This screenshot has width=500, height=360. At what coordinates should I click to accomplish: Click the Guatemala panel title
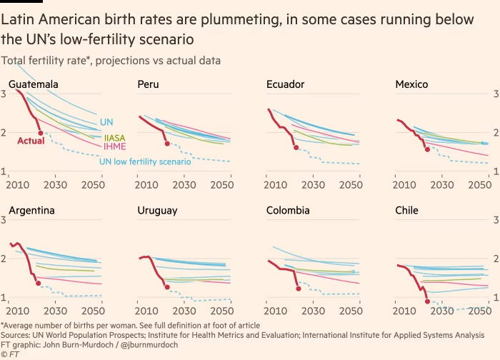pyautogui.click(x=34, y=85)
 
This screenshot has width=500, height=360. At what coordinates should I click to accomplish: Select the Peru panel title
pyautogui.click(x=148, y=85)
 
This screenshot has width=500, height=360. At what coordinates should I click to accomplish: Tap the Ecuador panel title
pyautogui.click(x=285, y=85)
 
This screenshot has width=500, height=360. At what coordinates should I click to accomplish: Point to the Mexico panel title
pyautogui.click(x=411, y=85)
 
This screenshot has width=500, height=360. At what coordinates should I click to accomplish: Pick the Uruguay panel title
pyautogui.click(x=157, y=211)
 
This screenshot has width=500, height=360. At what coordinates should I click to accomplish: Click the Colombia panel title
pyautogui.click(x=288, y=211)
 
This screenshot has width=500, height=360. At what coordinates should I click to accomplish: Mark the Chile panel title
pyautogui.click(x=406, y=211)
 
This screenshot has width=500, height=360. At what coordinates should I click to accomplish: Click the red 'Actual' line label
pyautogui.click(x=31, y=141)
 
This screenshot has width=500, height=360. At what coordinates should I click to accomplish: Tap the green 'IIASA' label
pyautogui.click(x=115, y=137)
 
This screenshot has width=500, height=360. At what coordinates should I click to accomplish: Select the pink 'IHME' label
pyautogui.click(x=115, y=146)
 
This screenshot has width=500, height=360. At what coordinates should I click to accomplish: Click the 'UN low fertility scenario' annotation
pyautogui.click(x=144, y=162)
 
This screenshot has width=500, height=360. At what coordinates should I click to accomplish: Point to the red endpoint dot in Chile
pyautogui.click(x=427, y=301)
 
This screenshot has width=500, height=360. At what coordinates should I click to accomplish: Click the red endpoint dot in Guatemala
pyautogui.click(x=41, y=134)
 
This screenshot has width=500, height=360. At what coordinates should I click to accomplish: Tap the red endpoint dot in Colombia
pyautogui.click(x=298, y=289)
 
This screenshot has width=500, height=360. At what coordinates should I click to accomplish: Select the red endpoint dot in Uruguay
pyautogui.click(x=167, y=287)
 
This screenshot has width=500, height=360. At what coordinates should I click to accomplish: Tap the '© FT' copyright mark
pyautogui.click(x=10, y=354)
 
